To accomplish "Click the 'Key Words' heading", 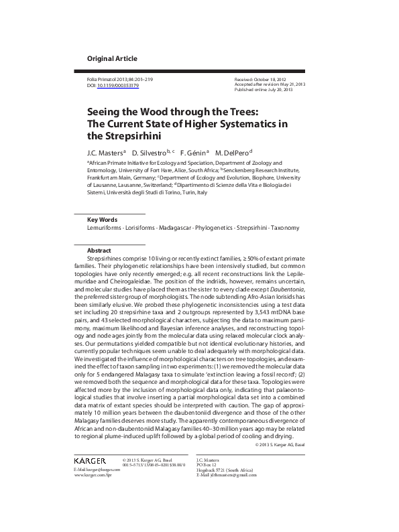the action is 103,220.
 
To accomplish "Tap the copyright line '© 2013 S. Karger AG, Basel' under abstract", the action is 280,445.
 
